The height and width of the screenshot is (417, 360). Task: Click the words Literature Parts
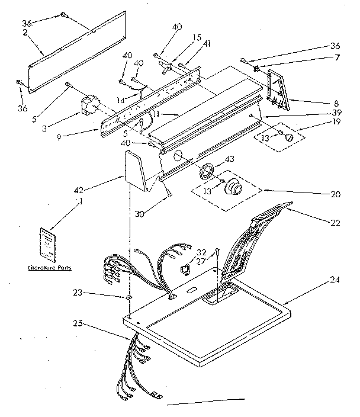coord(50,268)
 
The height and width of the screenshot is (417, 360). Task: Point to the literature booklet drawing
coord(47,243)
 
